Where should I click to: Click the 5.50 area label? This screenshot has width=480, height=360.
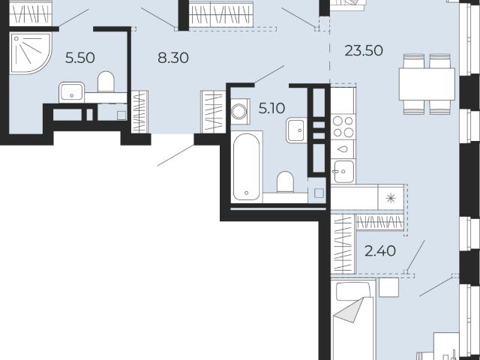(80, 58)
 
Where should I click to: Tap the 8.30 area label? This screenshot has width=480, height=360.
(173, 58)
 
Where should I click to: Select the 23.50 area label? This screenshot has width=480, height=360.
(364, 50)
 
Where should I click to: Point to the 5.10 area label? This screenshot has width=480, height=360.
(271, 108)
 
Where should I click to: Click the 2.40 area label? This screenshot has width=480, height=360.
(380, 251)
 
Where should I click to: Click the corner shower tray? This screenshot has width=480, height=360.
(30, 53)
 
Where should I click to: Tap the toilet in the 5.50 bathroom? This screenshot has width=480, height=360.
(106, 82)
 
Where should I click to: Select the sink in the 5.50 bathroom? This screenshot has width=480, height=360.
(72, 92)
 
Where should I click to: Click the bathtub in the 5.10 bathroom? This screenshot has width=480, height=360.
(247, 166)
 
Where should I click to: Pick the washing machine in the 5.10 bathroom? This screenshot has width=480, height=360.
(240, 111)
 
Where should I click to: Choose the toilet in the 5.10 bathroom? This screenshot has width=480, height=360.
(285, 181)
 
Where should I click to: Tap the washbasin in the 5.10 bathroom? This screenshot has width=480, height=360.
(297, 130)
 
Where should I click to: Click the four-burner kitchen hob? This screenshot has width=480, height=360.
(343, 127)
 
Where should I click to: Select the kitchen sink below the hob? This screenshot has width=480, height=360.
(343, 172)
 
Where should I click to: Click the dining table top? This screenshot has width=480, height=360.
(427, 84)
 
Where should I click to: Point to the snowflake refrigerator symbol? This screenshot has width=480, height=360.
(391, 198)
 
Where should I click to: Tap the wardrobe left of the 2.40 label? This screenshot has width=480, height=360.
(343, 244)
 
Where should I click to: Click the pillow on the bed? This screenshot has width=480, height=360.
(352, 292)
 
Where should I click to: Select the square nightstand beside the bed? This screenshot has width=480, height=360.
(388, 287)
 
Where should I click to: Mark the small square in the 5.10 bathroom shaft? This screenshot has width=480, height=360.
(319, 193)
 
